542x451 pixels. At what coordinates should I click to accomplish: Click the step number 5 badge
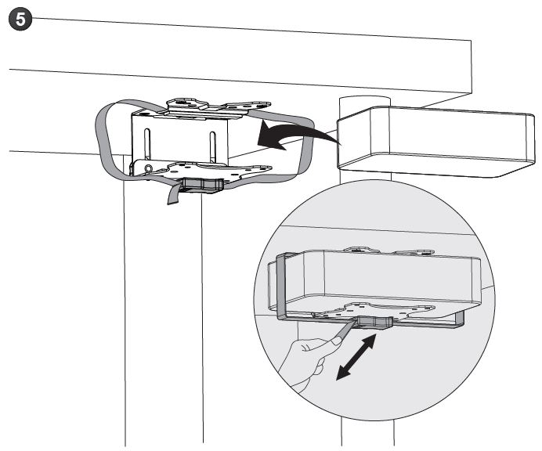20,19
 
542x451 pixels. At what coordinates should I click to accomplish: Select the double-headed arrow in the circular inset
356,357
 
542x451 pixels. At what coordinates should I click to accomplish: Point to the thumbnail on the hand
336,341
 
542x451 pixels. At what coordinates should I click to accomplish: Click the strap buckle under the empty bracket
202,185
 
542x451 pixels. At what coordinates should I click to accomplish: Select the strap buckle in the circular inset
374,322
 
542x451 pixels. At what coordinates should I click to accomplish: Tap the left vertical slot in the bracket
147,146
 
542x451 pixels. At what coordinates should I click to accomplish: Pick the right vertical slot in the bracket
212,147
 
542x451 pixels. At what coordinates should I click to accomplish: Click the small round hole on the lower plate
149,168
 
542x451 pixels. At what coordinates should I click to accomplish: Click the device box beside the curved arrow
436,142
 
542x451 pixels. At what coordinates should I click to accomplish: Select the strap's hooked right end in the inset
459,319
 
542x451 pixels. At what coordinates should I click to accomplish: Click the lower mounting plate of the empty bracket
201,169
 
